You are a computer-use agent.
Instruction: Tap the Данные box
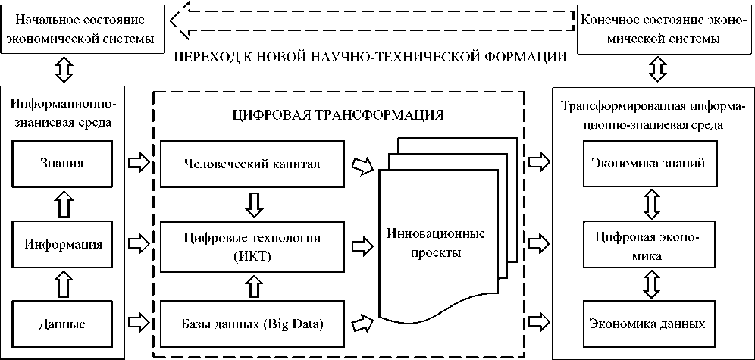pyautogui.click(x=61, y=324)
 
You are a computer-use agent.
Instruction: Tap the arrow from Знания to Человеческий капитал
pyautogui.click(x=139, y=162)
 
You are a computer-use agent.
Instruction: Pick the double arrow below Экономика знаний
pyautogui.click(x=650, y=203)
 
